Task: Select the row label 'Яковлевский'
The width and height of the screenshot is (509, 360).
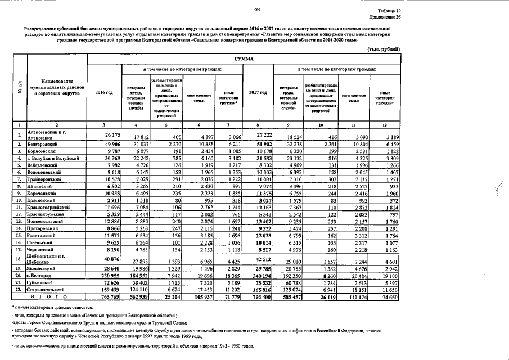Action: coord(44,270)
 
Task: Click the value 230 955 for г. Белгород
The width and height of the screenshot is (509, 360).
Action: coord(104,277)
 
